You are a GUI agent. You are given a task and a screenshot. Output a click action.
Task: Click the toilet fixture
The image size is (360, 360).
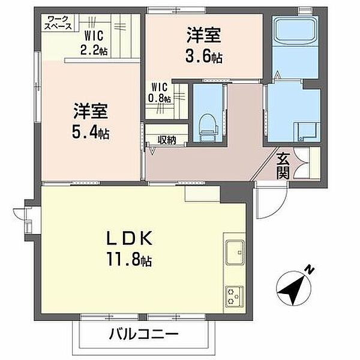coord(208,128)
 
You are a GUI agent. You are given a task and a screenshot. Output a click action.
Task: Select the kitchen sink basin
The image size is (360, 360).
coord(235,252)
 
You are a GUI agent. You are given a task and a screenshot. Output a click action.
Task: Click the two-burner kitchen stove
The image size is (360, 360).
coord(234,296)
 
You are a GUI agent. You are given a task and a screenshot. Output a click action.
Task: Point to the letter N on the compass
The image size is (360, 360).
coord(310,270)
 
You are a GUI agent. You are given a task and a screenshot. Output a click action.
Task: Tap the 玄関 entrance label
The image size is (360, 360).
coord(283,166)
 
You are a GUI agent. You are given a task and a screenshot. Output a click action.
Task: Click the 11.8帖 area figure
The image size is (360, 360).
coord(129,259)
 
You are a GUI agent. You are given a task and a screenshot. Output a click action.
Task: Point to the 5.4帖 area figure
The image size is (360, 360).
coord(91,133)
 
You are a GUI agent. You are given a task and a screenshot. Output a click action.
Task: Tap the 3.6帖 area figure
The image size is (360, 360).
coord(204,56)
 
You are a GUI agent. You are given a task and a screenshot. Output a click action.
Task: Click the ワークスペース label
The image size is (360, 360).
coord(58,23)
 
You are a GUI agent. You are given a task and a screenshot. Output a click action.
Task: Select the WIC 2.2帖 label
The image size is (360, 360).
coord(94,43)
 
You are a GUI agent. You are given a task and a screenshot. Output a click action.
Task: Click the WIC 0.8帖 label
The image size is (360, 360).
coord(160,93)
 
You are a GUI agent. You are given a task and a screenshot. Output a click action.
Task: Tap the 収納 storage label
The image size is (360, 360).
coord(167,140)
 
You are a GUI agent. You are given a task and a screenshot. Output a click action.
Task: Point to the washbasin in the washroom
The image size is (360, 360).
coord(307,131)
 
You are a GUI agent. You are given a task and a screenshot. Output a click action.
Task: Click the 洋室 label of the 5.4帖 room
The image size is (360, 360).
coord(91,112)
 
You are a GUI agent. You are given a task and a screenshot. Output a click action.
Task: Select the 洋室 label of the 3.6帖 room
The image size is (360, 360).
coord(203,35)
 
